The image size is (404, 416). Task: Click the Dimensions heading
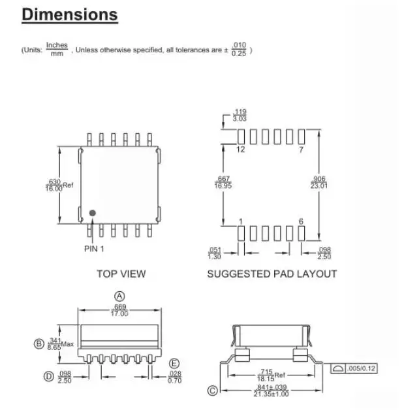point(70,15)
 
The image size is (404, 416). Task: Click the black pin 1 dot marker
point(93,213)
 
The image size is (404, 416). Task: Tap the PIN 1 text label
point(94,249)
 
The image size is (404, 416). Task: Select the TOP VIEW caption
point(121,274)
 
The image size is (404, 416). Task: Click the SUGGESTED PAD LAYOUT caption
point(272,274)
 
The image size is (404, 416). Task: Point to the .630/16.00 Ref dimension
point(55,185)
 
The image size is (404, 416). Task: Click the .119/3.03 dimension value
point(240,116)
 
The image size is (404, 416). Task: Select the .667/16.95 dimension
point(223,182)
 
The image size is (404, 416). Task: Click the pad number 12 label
point(240,150)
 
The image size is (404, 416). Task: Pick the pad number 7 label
point(301,150)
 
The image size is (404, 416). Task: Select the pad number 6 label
point(301,221)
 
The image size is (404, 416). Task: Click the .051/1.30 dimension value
point(214,253)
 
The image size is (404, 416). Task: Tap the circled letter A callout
point(119,296)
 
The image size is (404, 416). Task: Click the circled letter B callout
point(38,344)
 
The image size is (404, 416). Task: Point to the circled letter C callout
point(212,391)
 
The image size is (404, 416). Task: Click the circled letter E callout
point(174,363)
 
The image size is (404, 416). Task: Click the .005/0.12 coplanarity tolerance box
point(353,369)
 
